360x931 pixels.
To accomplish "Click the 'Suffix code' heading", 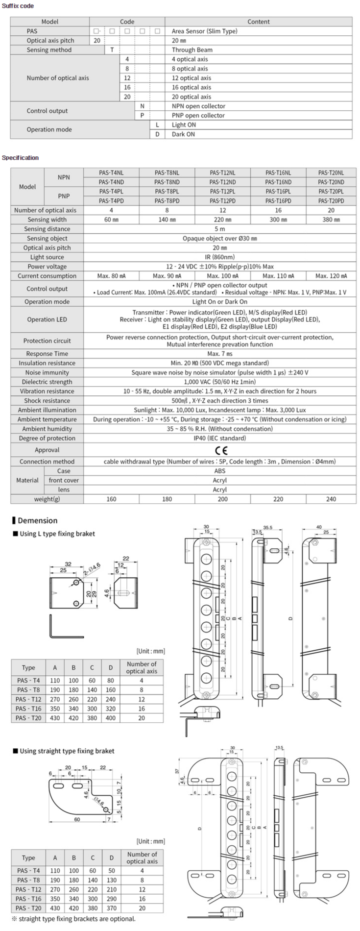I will tap(18, 6).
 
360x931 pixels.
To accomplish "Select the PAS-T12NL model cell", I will tap(222, 173).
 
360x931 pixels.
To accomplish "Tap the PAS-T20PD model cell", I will tap(331, 201).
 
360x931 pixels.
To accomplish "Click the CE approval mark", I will tap(221, 450).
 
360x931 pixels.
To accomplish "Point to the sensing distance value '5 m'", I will tap(220, 229).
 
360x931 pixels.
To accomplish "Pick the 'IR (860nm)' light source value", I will tap(220, 257).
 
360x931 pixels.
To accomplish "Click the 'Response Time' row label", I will tap(47, 354).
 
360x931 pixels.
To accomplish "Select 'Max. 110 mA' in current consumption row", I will tap(278, 276).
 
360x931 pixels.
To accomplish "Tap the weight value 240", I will tap(331, 499).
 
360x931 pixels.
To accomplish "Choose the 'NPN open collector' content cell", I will tap(198, 106).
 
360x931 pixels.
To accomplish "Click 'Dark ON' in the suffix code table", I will tap(183, 134).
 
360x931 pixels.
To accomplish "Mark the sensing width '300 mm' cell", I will tap(278, 220).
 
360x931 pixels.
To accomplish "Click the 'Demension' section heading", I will tap(37, 520).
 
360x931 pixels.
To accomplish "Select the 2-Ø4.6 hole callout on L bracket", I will tap(92, 568).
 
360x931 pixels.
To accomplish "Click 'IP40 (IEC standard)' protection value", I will tap(220, 438).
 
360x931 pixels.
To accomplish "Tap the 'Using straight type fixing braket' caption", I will tap(67, 751).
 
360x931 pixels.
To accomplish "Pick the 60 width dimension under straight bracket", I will tap(77, 819).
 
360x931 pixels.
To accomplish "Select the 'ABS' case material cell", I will tap(220, 471).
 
